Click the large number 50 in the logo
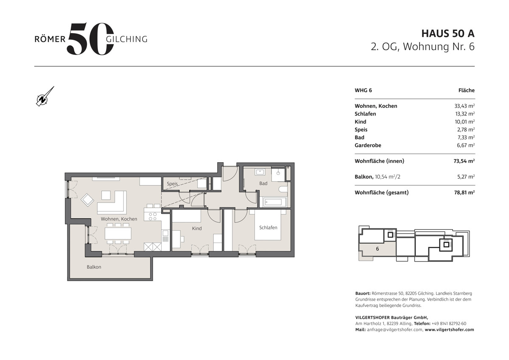coord(90,39)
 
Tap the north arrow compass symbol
coord(45,96)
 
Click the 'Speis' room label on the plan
coord(172,183)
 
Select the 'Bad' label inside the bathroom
coord(263,183)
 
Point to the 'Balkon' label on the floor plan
coord(94,267)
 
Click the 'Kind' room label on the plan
coord(197,228)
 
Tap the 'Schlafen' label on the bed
coord(268,228)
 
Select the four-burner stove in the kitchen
coord(152,216)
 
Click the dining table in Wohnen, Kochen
coord(118,233)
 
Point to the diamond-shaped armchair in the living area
coord(87,200)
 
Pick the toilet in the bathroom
coord(283,189)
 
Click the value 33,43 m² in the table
coord(464,106)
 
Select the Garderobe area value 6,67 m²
coord(466,145)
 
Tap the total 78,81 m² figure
coord(464,192)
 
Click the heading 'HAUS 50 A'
coord(448,34)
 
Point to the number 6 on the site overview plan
coord(378,249)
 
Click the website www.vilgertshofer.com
coord(450,329)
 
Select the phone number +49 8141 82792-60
coord(449,323)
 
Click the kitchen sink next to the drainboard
coord(165,233)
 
